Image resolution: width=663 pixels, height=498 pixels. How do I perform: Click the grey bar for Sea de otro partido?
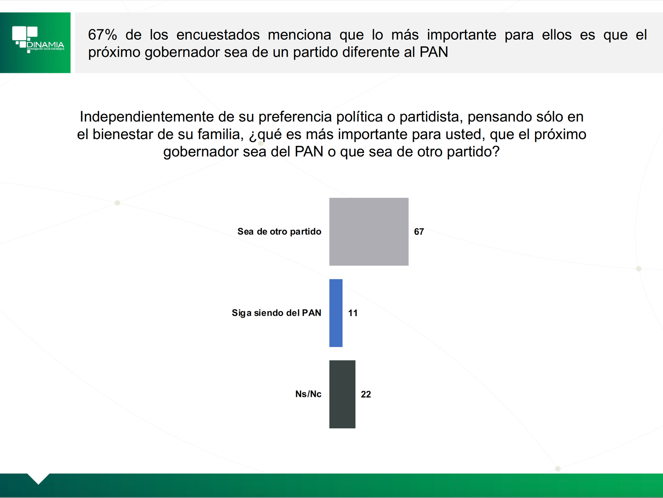(x=369, y=232)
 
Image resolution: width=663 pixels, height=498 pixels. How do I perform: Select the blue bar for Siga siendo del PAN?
(x=336, y=313)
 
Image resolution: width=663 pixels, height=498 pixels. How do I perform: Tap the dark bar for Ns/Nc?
(x=342, y=394)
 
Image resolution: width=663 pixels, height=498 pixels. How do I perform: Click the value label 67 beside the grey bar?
(x=419, y=232)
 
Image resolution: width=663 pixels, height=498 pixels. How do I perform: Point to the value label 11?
(x=353, y=313)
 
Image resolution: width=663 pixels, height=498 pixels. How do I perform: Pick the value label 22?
(x=366, y=394)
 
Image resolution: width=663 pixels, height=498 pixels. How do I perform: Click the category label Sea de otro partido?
(x=279, y=231)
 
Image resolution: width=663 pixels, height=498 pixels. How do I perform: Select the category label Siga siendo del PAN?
(x=276, y=313)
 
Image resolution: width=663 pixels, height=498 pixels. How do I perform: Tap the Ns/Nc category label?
(x=308, y=394)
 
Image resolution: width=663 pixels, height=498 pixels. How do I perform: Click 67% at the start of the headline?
(x=102, y=35)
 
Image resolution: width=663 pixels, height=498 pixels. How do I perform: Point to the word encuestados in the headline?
(x=218, y=35)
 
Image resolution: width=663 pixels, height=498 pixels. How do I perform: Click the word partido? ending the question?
(x=473, y=152)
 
